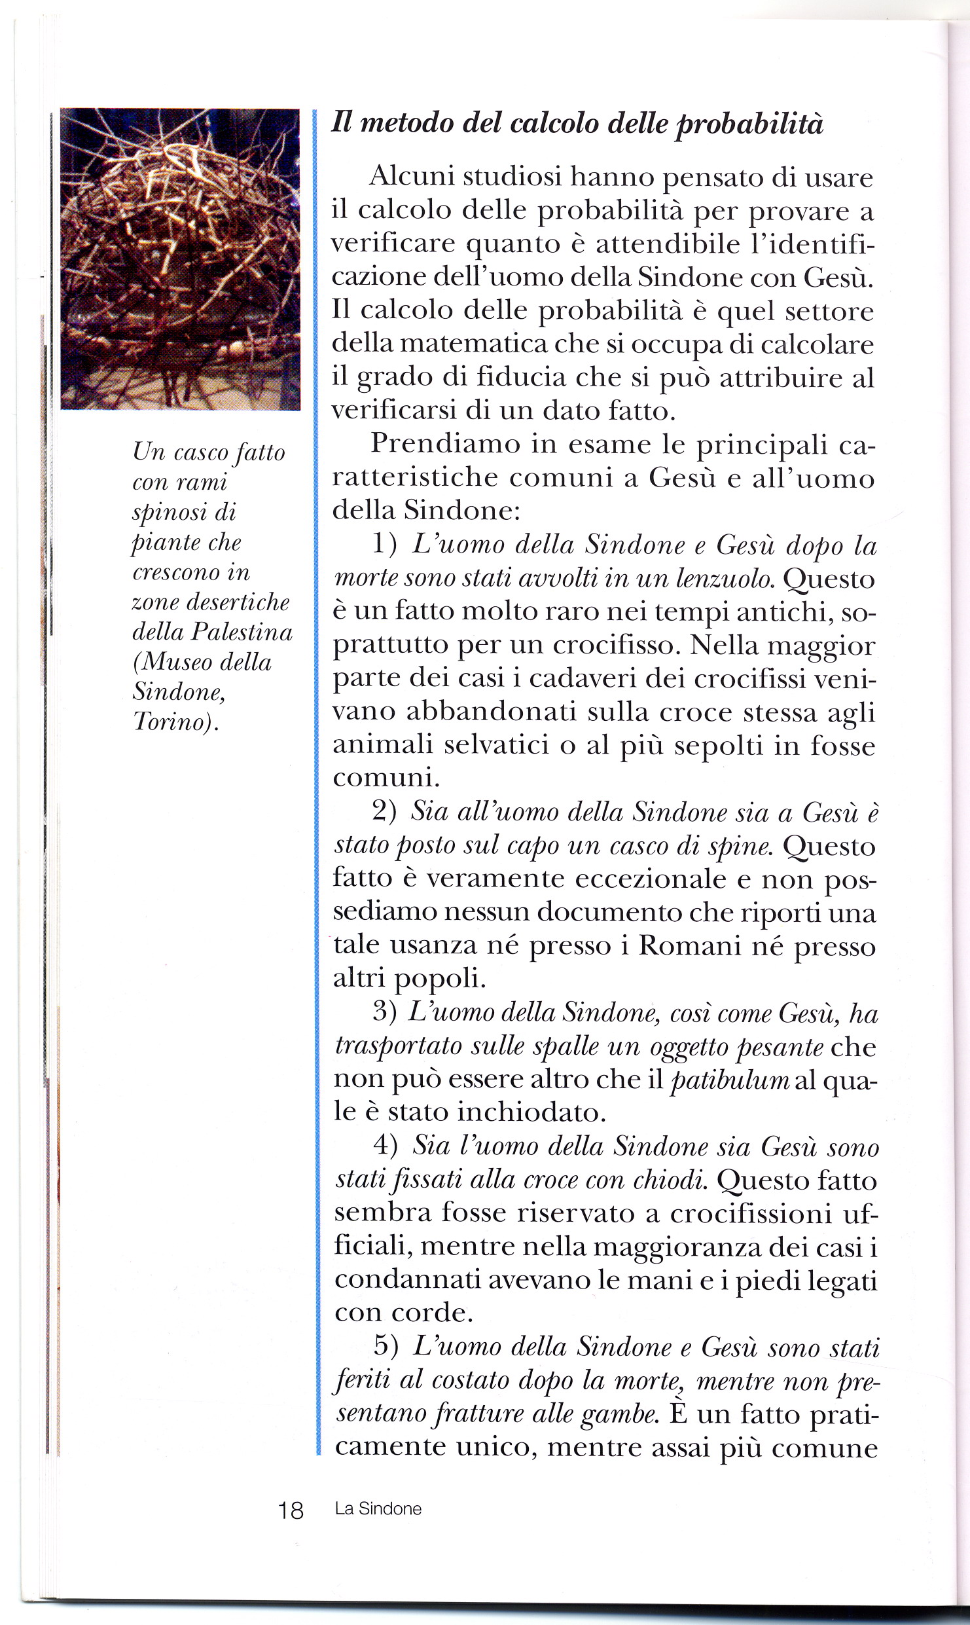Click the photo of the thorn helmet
click(180, 259)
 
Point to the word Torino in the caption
click(173, 721)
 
